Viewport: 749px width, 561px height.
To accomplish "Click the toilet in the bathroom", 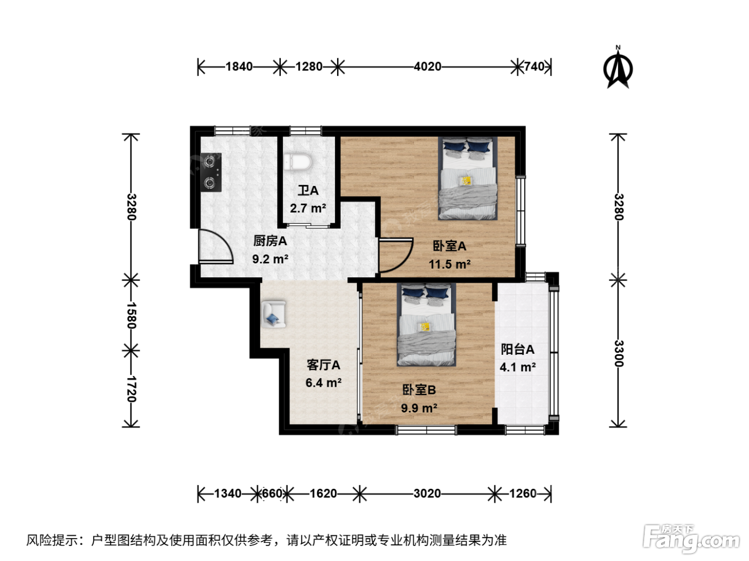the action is click(297, 162).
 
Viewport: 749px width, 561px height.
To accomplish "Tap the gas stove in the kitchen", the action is click(211, 173).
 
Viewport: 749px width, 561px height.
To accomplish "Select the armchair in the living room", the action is click(274, 314).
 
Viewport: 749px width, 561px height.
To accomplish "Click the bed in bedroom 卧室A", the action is click(468, 178).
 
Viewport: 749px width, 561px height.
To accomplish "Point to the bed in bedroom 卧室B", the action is click(426, 325).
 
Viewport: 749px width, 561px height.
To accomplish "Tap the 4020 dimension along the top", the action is click(427, 66).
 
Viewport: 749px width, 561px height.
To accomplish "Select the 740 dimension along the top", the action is click(534, 66).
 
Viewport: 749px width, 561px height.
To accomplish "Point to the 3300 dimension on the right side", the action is click(618, 353).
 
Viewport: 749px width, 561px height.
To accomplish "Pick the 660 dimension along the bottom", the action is click(272, 493).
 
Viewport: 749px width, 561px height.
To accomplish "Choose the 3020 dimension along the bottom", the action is click(427, 493).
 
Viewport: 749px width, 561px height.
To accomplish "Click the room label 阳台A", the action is click(517, 349).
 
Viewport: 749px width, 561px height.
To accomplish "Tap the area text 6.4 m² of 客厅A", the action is click(324, 383).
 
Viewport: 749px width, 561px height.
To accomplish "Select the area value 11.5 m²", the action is click(450, 264).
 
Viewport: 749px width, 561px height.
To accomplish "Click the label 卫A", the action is click(308, 190).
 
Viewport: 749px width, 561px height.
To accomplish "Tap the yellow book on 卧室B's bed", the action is click(425, 326).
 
